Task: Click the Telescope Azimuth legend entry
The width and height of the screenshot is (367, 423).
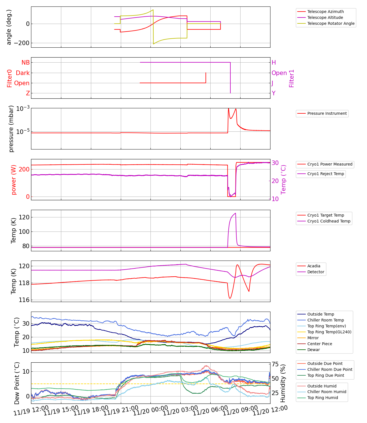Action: (x=326, y=12)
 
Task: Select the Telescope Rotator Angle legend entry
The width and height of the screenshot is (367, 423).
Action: (x=331, y=23)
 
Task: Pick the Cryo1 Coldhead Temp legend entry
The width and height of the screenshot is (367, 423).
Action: (x=329, y=221)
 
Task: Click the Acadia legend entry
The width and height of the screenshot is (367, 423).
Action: (x=314, y=266)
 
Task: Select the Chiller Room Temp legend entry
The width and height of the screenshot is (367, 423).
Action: (x=326, y=320)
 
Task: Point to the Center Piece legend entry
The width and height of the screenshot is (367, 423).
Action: (x=320, y=344)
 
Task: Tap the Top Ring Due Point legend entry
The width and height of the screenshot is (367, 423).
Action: (x=326, y=375)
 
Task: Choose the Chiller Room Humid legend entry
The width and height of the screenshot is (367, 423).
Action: (x=327, y=392)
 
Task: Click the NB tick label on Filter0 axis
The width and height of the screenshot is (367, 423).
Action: (x=26, y=63)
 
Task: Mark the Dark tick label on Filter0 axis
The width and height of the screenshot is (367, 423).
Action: (x=23, y=73)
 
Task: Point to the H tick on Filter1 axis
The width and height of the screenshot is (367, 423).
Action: (x=274, y=63)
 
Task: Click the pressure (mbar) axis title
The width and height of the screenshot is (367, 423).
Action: (x=11, y=129)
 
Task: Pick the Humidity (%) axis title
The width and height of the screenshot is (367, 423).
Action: (x=283, y=383)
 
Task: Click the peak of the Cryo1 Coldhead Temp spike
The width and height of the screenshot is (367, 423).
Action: (x=235, y=213)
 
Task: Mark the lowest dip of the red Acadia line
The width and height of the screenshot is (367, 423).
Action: (x=230, y=298)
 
